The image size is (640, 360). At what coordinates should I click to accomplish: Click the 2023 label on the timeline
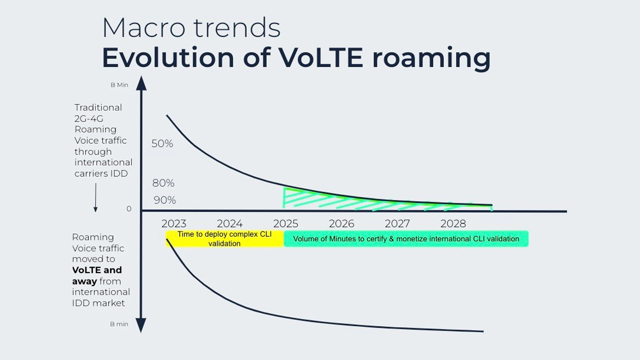[174, 224]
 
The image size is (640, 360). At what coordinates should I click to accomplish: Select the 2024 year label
[230, 224]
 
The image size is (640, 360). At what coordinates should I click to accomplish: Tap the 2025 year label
[286, 224]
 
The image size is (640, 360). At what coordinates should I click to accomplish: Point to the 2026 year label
[341, 224]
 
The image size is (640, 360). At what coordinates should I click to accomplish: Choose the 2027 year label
[397, 224]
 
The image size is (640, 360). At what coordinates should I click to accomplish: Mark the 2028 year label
[453, 224]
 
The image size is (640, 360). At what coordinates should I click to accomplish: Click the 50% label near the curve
[162, 144]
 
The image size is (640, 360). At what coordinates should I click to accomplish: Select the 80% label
[163, 183]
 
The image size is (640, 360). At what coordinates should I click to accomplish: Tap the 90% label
[165, 200]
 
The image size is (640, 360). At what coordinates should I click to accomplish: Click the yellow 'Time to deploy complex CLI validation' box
[224, 239]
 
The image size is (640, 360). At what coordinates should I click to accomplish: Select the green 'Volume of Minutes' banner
[406, 239]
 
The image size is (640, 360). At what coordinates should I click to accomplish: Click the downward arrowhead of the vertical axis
[141, 325]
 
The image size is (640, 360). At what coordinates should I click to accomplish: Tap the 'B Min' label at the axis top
[119, 85]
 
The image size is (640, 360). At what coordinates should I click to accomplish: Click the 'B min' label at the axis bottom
[119, 324]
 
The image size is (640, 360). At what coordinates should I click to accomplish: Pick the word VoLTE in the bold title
[321, 58]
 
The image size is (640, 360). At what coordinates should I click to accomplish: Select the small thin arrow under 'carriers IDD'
[96, 197]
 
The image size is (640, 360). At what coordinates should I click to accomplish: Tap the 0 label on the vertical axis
[129, 209]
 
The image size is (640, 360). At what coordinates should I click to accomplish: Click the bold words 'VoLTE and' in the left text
[97, 270]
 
